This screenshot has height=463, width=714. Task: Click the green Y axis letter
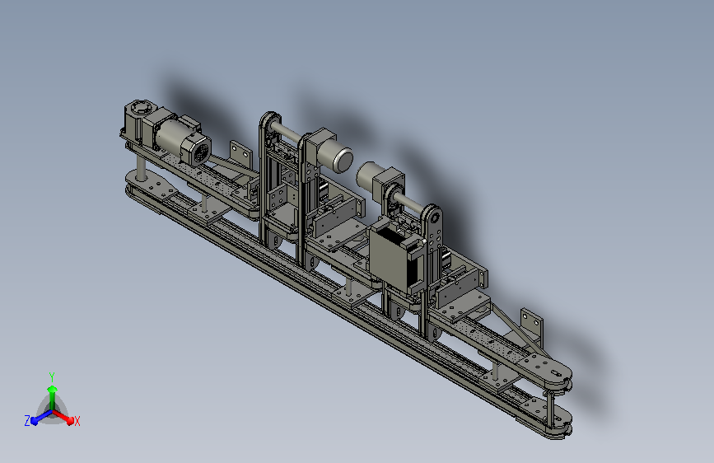point(52,376)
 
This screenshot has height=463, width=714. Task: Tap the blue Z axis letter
point(27,421)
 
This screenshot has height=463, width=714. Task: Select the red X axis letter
point(77,421)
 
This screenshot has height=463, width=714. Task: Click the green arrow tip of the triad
point(52,389)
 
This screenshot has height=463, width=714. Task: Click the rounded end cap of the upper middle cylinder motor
point(343,160)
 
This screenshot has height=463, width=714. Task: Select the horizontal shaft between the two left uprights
point(287,130)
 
